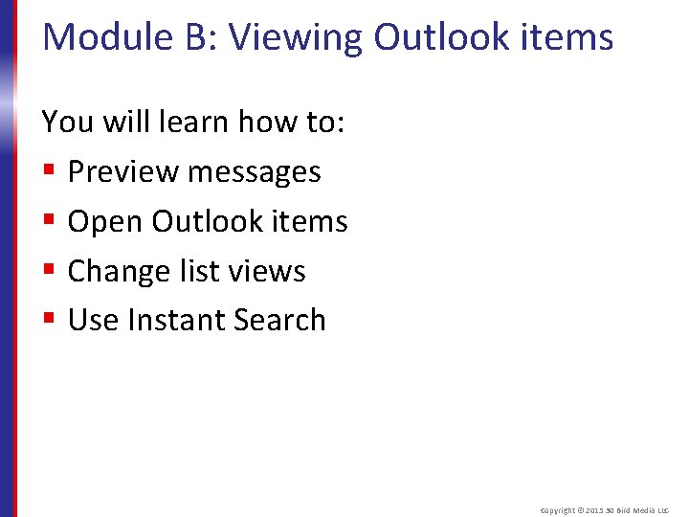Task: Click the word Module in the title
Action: (x=102, y=37)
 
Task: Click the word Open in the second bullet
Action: (x=105, y=223)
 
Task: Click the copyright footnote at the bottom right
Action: (x=606, y=510)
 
